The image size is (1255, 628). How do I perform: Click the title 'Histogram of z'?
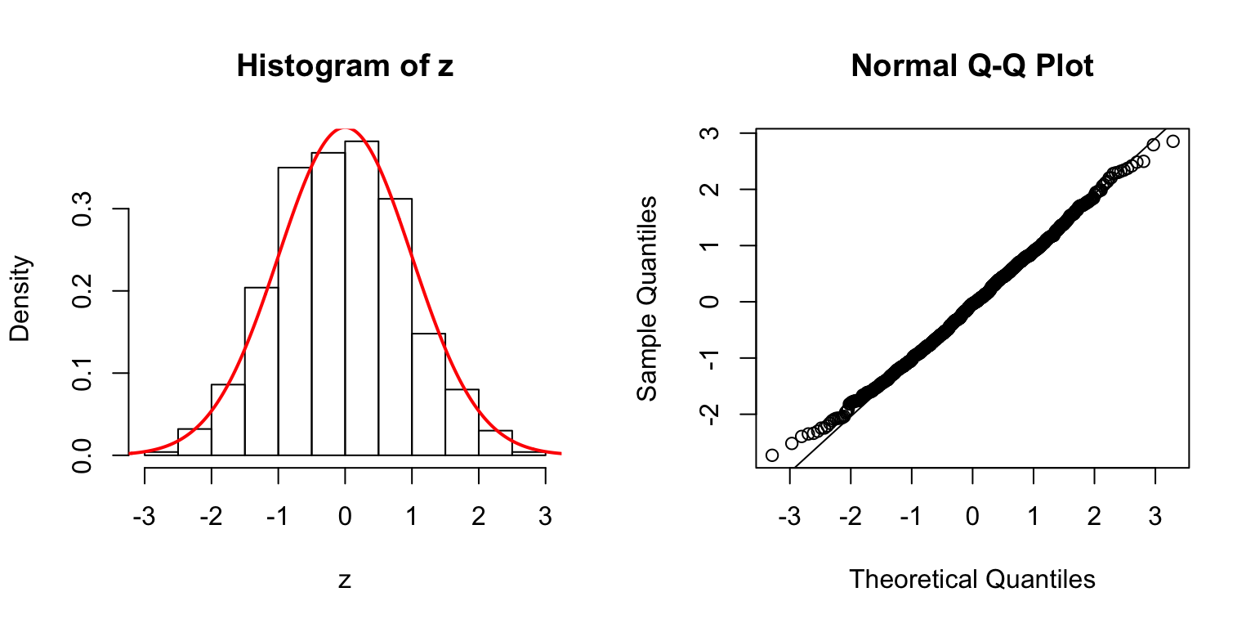pos(345,66)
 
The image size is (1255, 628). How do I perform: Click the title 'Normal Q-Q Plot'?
pos(972,66)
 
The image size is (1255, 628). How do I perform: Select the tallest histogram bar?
pos(361,298)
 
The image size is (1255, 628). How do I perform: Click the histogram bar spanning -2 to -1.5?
pos(228,419)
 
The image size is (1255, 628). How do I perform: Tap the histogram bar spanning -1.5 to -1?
pos(261,371)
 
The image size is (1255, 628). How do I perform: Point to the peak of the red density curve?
pos(345,129)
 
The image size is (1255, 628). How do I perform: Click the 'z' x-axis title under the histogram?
pos(345,581)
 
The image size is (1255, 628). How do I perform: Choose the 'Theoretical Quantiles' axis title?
pos(972,580)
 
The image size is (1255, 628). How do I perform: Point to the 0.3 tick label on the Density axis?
pos(83,209)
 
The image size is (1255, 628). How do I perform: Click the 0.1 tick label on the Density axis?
pos(83,373)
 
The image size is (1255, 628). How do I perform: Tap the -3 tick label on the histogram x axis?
pos(144,517)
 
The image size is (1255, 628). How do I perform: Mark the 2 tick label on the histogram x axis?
pos(479,517)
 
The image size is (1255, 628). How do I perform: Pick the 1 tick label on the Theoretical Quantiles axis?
pos(1034,517)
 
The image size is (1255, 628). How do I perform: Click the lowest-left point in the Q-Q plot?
pos(772,455)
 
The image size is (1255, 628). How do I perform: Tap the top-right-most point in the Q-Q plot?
pos(1173,141)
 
